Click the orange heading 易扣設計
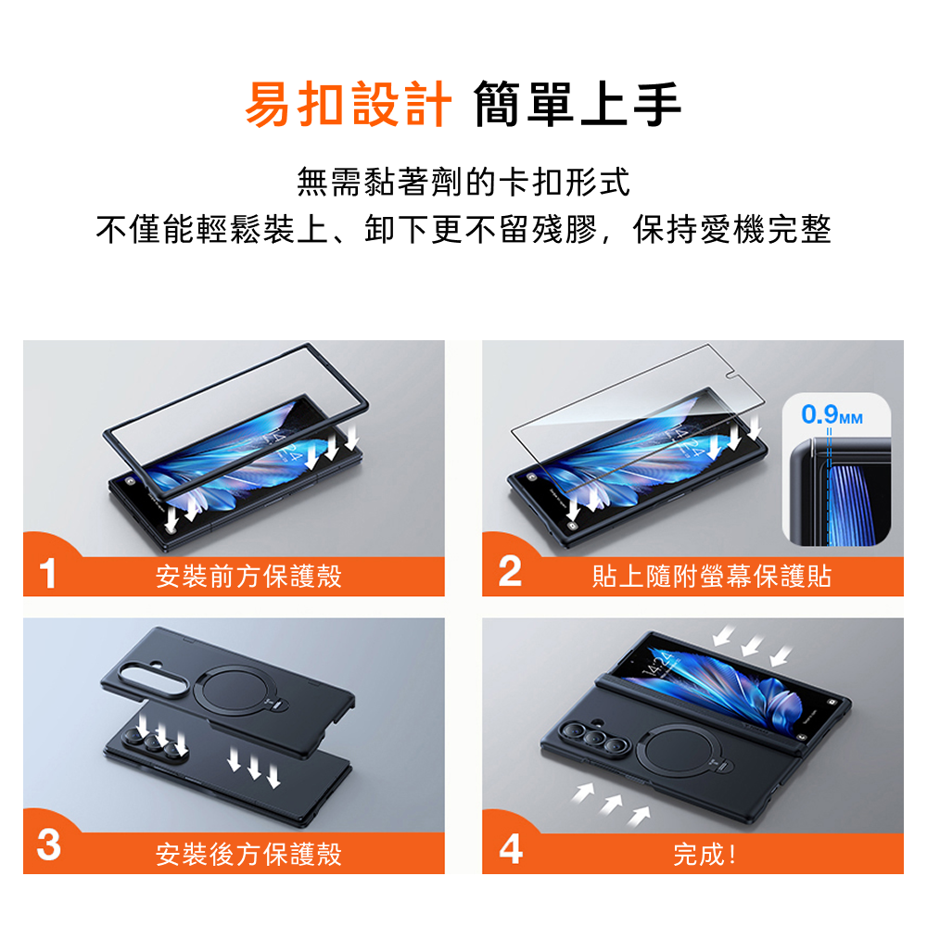click(x=349, y=105)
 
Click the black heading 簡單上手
click(x=578, y=105)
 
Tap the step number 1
click(x=47, y=574)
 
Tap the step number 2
click(x=510, y=572)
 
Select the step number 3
click(x=48, y=844)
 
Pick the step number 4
click(x=511, y=849)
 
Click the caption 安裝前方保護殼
click(x=248, y=577)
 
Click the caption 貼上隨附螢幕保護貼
click(x=712, y=577)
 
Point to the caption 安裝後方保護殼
click(x=248, y=855)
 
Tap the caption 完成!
click(x=705, y=855)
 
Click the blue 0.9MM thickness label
click(x=832, y=414)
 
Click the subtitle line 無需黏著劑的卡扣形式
click(x=463, y=182)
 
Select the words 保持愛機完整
click(x=732, y=229)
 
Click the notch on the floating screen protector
click(x=732, y=375)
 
